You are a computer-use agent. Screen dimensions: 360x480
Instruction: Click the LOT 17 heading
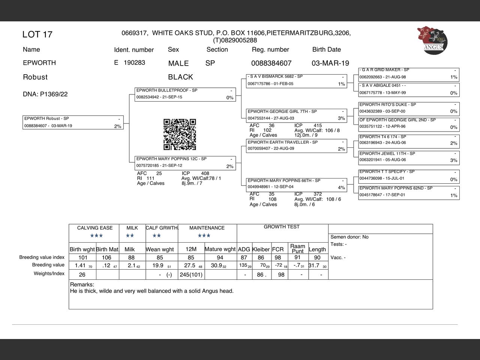(x=37, y=34)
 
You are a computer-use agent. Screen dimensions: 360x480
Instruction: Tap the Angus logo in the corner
(x=432, y=40)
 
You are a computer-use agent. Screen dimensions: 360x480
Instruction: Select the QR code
(x=180, y=134)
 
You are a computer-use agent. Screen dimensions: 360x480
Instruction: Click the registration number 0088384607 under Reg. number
(x=271, y=63)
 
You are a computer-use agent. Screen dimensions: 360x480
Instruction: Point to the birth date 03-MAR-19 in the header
(x=330, y=63)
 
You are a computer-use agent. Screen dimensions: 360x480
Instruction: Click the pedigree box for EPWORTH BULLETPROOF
(x=185, y=94)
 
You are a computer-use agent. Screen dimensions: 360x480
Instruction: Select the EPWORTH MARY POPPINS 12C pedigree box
(x=185, y=163)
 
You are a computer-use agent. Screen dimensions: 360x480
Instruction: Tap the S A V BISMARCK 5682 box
(x=297, y=80)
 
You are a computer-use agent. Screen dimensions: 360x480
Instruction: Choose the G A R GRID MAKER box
(x=409, y=74)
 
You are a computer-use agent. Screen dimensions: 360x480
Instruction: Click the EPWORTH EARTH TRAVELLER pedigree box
(x=297, y=145)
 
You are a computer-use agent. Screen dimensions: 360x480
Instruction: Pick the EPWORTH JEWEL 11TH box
(x=409, y=157)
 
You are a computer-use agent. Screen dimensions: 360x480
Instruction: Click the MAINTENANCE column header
(x=207, y=228)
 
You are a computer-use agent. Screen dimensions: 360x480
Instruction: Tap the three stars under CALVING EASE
(x=96, y=236)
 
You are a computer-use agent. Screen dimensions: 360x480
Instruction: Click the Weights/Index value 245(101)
(x=191, y=275)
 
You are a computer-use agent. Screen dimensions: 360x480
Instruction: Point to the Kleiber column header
(x=261, y=249)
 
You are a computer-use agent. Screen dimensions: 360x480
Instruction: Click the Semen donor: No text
(x=349, y=237)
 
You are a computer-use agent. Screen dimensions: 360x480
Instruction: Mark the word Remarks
(x=82, y=285)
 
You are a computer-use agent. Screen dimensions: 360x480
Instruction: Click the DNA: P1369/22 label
(x=45, y=94)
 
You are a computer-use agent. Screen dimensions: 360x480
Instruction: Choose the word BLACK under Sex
(x=180, y=77)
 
